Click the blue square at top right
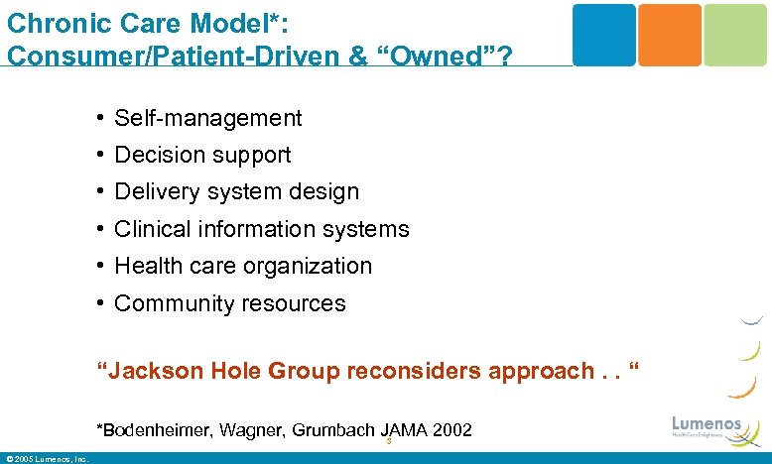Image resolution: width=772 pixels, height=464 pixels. (604, 35)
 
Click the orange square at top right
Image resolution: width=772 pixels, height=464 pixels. (669, 35)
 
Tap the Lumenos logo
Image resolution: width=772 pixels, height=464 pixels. (707, 426)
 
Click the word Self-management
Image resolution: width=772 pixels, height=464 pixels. (208, 119)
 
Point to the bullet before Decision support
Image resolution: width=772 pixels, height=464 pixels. (102, 155)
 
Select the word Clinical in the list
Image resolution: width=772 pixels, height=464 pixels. (150, 229)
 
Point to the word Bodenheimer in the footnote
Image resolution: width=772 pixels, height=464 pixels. (152, 430)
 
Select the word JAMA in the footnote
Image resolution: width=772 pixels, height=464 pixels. (402, 430)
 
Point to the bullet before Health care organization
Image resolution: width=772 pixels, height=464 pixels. (102, 267)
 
